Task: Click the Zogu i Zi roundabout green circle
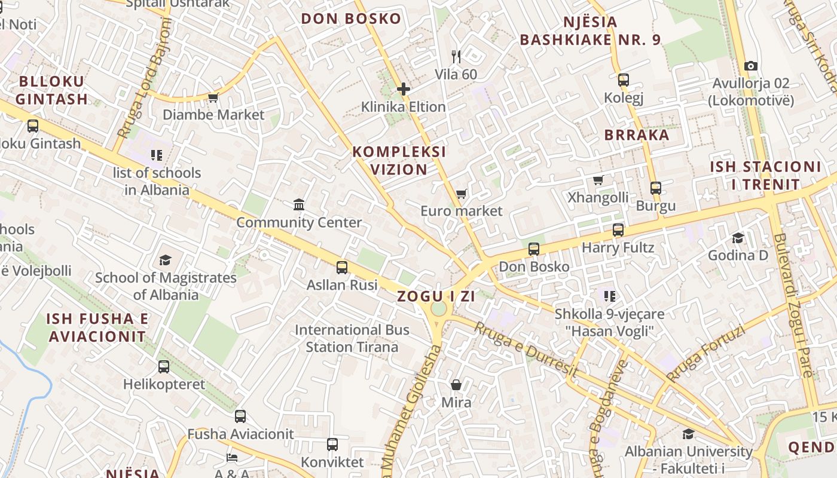click(x=439, y=309)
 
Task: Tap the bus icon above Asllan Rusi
click(x=342, y=268)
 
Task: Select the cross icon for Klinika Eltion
click(x=404, y=90)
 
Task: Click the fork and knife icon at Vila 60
click(x=456, y=57)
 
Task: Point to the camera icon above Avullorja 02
click(x=751, y=66)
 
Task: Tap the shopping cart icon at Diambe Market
click(x=213, y=97)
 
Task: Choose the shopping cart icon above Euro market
click(x=461, y=194)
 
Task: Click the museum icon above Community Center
click(x=299, y=206)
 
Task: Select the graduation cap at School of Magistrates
click(x=166, y=260)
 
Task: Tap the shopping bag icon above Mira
click(x=456, y=385)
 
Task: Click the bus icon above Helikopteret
click(x=164, y=367)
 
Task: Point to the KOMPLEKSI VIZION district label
click(x=399, y=160)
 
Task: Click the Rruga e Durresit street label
click(x=526, y=350)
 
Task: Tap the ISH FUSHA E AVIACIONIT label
click(x=97, y=327)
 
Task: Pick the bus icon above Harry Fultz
click(x=618, y=230)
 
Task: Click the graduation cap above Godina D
click(x=738, y=238)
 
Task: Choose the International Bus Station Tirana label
click(x=352, y=338)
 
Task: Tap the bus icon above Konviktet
click(x=332, y=445)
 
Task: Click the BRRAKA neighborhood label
click(x=637, y=135)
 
